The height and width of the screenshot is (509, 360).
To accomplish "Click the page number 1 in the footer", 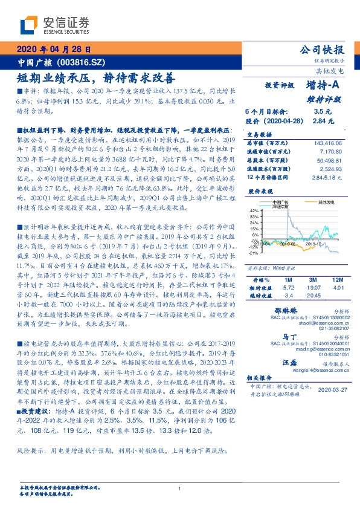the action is coord(180,489).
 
